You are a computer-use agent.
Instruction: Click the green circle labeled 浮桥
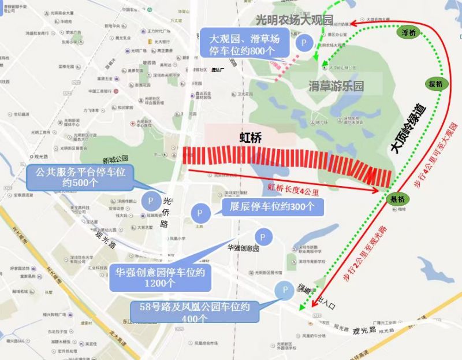click(x=409, y=32)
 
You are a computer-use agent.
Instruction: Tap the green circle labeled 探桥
click(x=435, y=84)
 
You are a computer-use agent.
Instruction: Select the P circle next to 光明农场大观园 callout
click(x=303, y=43)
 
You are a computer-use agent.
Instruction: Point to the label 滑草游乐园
click(x=336, y=86)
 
